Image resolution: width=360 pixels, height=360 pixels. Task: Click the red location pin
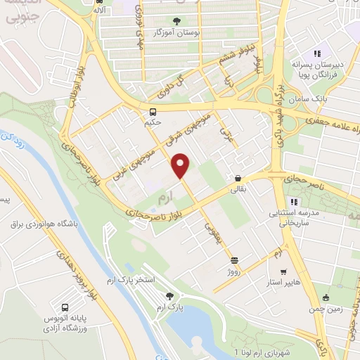181,165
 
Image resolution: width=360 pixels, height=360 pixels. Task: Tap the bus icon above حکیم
153,111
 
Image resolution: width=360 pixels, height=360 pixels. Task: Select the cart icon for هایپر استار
283,272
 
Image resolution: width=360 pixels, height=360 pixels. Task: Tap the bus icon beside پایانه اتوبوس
65,307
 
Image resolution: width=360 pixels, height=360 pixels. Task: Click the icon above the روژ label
234,259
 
